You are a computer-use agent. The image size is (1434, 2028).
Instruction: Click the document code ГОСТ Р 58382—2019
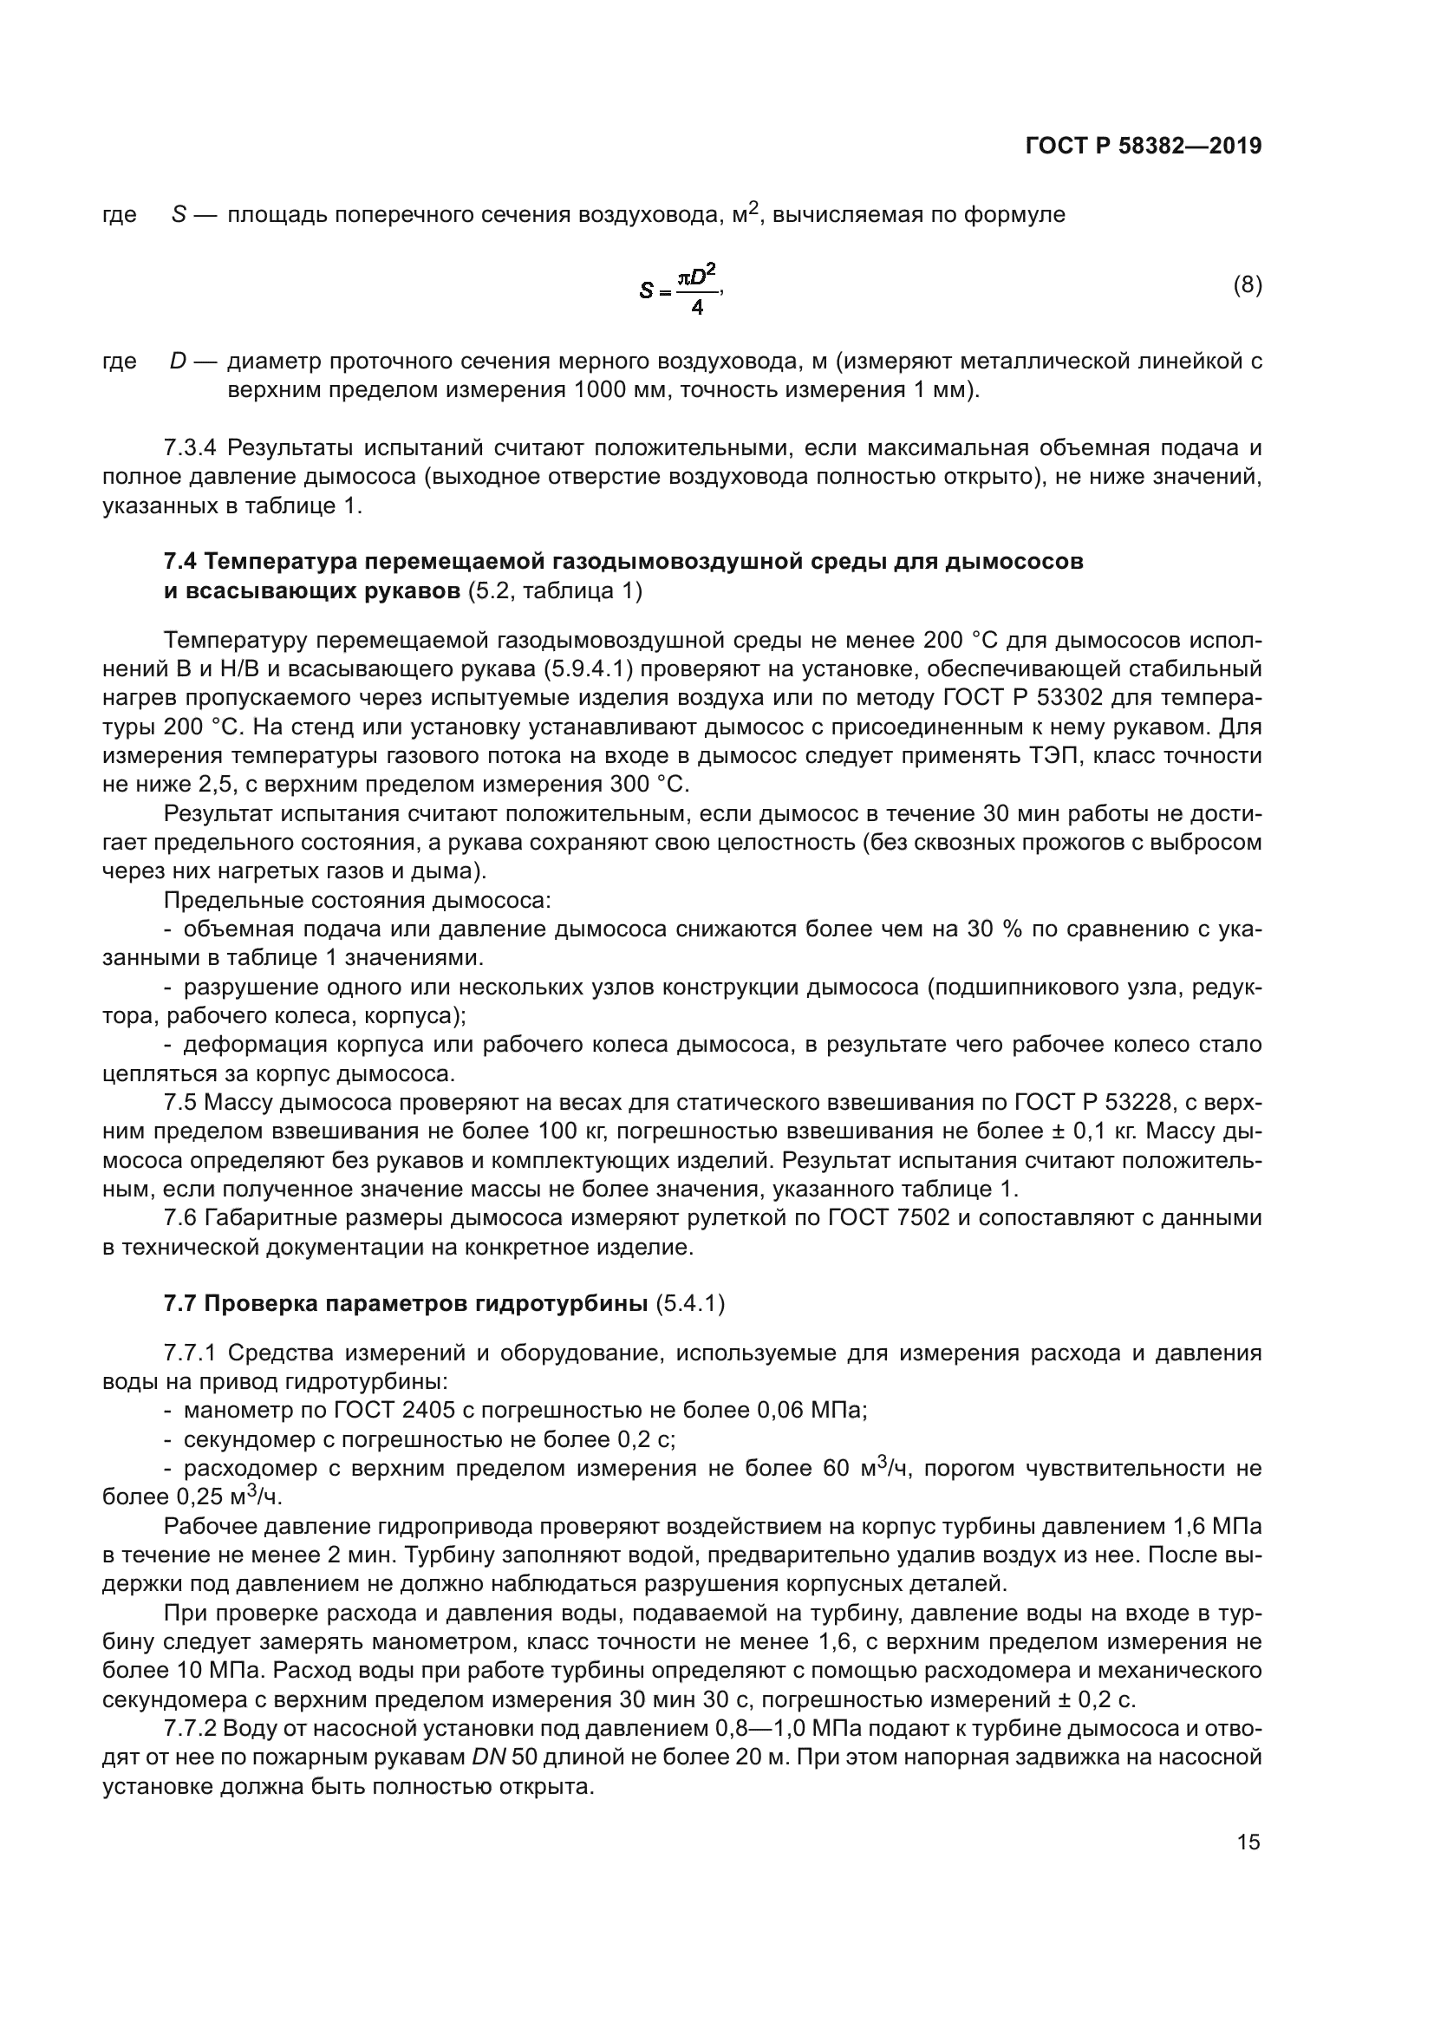coord(1143,146)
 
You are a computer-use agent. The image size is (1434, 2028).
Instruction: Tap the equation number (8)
coord(1247,285)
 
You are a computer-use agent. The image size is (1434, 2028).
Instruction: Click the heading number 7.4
coord(182,562)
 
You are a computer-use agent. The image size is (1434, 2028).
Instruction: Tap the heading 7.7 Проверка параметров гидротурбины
coord(406,1305)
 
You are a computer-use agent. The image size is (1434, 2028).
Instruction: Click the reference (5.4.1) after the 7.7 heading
coord(690,1305)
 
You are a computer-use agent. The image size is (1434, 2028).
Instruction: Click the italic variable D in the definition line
coord(179,362)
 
